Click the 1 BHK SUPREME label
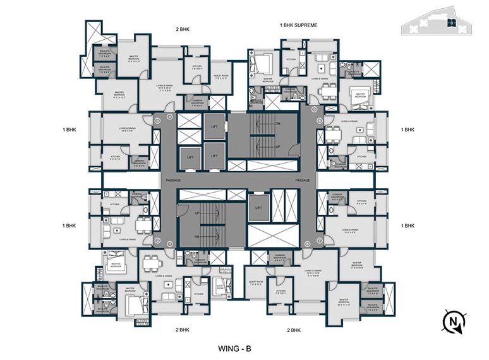click(x=298, y=25)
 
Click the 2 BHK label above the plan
click(x=184, y=28)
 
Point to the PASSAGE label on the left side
click(x=173, y=180)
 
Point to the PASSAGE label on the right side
click(x=303, y=180)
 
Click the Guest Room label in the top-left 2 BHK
click(x=202, y=78)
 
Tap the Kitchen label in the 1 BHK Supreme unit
click(x=291, y=60)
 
